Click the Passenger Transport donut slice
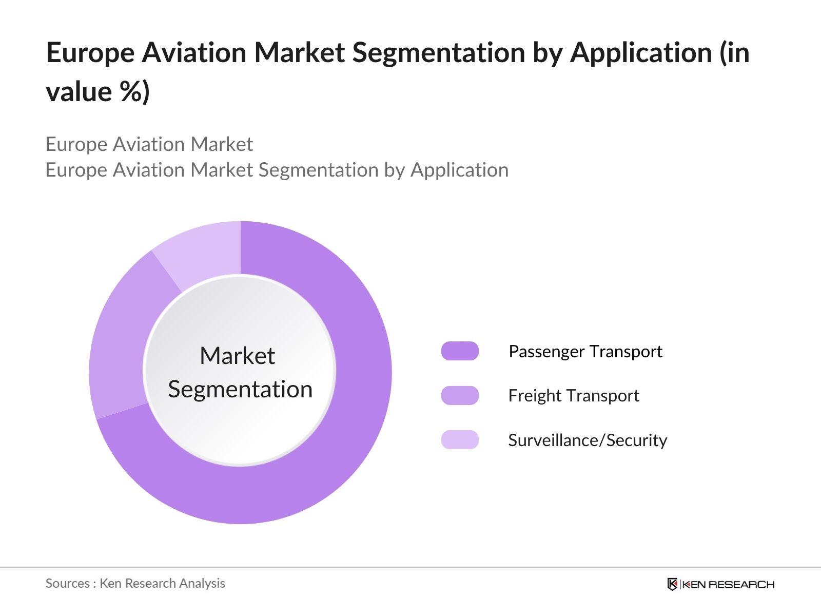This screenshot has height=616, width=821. tap(334, 436)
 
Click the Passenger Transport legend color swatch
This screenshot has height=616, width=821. tap(460, 351)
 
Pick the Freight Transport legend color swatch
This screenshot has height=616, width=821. tap(460, 396)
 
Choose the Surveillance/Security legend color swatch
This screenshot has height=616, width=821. tap(460, 440)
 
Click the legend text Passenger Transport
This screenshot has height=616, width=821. tap(585, 352)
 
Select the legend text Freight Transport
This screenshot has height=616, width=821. tap(573, 396)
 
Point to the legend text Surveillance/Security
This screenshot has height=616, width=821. tap(588, 440)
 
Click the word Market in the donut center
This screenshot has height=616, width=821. tap(237, 356)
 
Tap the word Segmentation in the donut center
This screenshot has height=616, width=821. tap(240, 390)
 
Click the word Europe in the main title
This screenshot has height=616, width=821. tap(90, 53)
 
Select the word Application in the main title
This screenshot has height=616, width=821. tap(641, 53)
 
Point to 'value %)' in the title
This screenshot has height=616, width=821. tap(97, 92)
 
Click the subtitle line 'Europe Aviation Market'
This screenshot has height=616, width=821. tap(149, 145)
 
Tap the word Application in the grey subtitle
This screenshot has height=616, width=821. tap(459, 170)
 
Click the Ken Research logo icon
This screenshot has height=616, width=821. tap(672, 584)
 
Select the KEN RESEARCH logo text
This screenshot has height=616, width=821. tap(729, 584)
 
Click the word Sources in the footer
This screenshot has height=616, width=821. tap(67, 583)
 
